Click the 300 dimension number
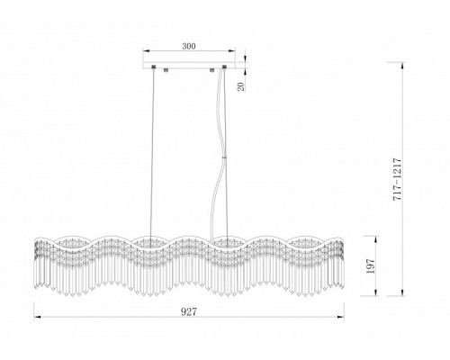189,46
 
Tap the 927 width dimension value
189,312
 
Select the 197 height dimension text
371,265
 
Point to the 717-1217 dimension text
397,179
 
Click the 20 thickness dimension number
241,86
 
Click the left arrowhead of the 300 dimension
146,51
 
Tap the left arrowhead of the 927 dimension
37,317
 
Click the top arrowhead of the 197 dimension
375,239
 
